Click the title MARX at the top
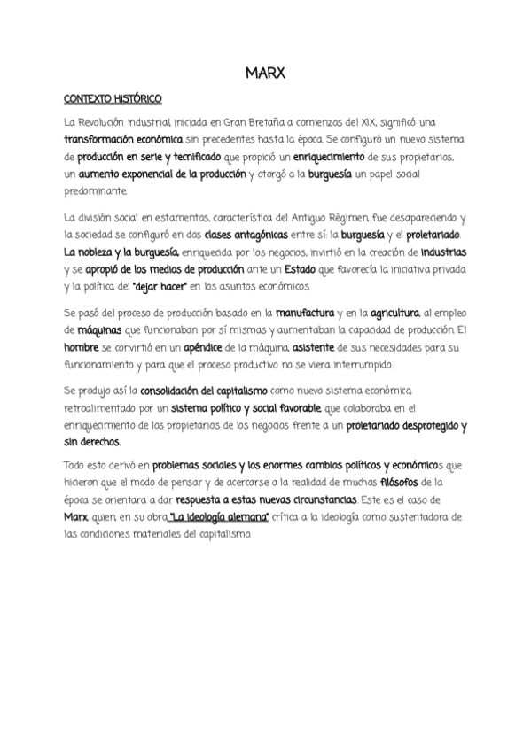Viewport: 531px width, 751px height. point(265,74)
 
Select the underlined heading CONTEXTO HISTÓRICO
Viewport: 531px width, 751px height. point(113,99)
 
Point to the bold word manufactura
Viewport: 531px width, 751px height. point(303,313)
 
